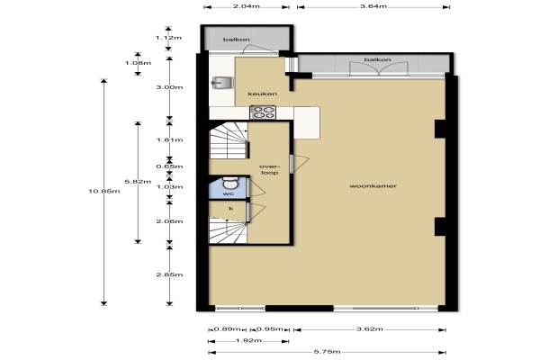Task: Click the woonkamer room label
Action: point(373,186)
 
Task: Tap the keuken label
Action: point(263,94)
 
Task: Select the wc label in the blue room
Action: point(229,193)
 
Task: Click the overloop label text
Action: point(269,169)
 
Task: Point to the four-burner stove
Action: point(263,112)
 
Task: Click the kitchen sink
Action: point(222,83)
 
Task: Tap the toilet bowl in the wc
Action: point(229,183)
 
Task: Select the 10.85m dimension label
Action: point(104,191)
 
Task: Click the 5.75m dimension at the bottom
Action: point(328,352)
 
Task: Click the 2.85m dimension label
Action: point(169,274)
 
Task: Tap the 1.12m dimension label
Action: point(168,38)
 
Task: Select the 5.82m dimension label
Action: point(138,182)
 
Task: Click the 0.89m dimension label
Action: point(228,329)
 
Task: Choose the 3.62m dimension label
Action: point(370,329)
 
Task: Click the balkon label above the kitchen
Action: point(236,40)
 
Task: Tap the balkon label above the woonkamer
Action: point(377,59)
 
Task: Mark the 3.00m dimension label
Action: point(169,87)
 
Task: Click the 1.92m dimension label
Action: point(248,341)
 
